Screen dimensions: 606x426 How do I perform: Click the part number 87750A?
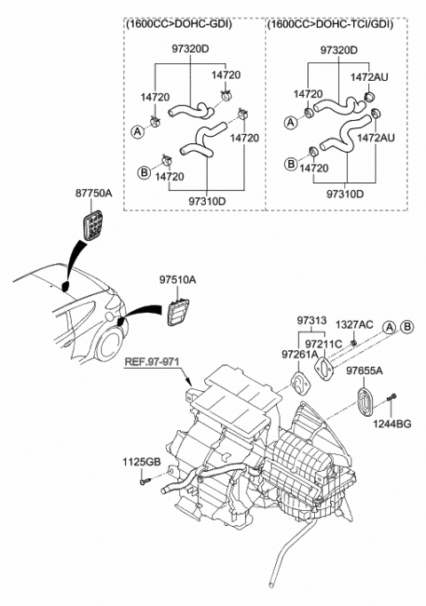click(x=94, y=191)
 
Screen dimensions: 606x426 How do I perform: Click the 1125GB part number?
click(x=141, y=462)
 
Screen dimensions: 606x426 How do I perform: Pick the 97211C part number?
click(x=324, y=343)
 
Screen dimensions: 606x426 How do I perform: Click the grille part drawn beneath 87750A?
click(x=92, y=226)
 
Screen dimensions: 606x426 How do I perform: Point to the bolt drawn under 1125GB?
click(x=144, y=482)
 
